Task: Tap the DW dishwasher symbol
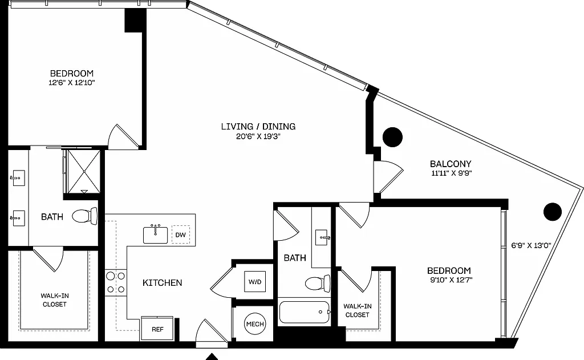[x=181, y=234]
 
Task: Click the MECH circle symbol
[x=254, y=324]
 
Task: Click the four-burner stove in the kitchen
[x=116, y=282]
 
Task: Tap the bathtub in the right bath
[x=304, y=313]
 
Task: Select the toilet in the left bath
[x=86, y=216]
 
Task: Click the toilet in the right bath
[x=318, y=283]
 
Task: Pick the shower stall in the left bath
[x=83, y=171]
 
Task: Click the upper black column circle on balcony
[x=392, y=136]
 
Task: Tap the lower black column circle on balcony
[x=552, y=212]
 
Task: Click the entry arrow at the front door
[x=212, y=357]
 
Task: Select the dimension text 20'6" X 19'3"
[x=258, y=136]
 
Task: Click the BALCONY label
[x=451, y=164]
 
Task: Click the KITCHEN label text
[x=162, y=282]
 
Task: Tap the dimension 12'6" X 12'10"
[x=71, y=83]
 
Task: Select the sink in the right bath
[x=323, y=236]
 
